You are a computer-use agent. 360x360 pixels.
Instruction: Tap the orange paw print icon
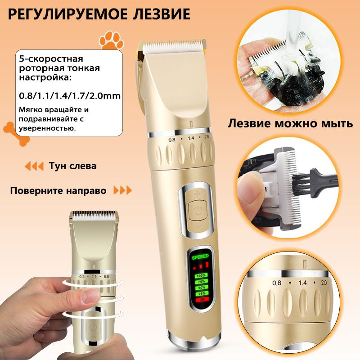[111, 40]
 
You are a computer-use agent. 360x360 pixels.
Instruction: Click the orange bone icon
[16, 134]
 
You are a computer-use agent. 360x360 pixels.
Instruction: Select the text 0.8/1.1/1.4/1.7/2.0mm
[70, 96]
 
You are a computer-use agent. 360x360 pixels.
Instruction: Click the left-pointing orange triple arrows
[34, 166]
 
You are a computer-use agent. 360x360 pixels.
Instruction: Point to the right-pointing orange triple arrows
[123, 190]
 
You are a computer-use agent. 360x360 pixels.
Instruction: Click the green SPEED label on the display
[200, 256]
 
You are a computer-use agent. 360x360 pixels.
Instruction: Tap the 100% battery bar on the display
[201, 275]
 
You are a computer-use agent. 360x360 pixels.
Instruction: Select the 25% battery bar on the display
[202, 293]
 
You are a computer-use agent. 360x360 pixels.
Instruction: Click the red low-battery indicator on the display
[202, 299]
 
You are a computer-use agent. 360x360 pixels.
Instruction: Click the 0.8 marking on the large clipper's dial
[172, 139]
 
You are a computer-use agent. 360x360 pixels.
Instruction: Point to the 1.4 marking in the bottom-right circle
[302, 283]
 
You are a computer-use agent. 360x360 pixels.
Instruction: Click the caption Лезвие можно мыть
[290, 123]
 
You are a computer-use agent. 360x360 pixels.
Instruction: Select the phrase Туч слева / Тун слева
[72, 166]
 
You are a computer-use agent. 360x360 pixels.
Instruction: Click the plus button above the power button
[197, 194]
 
